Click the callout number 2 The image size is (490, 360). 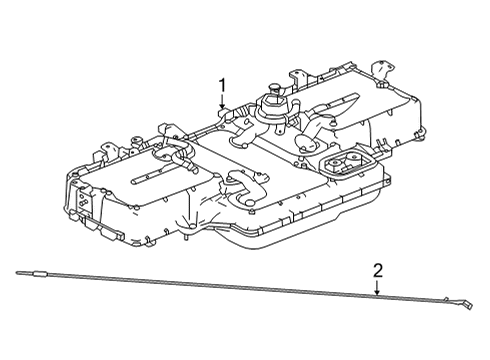coord(378,269)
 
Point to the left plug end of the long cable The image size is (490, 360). coord(34,273)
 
